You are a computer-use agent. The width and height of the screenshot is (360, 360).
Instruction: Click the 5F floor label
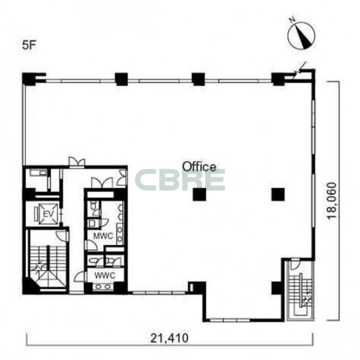(x=29, y=45)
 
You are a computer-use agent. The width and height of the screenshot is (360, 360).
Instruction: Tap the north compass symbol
(x=301, y=36)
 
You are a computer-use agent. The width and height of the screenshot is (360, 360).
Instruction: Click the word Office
(x=199, y=167)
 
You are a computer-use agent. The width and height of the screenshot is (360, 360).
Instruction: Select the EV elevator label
(x=48, y=214)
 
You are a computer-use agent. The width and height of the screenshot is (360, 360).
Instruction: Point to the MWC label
(x=103, y=236)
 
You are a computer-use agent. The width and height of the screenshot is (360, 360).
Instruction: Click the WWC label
(x=105, y=275)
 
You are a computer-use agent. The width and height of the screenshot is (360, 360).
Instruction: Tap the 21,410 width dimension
(x=169, y=338)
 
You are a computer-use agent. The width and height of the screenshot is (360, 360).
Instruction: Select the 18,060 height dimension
(x=332, y=201)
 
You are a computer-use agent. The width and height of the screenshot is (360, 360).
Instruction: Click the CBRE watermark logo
(x=180, y=180)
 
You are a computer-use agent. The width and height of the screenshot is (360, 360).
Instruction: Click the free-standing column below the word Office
(x=199, y=195)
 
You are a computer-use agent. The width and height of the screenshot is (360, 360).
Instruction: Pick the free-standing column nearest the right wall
(x=278, y=195)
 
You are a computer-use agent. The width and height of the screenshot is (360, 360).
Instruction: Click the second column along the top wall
(x=121, y=79)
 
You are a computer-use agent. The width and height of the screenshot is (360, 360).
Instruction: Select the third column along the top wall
(x=198, y=79)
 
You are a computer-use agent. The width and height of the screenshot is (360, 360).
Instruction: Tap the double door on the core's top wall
(x=77, y=161)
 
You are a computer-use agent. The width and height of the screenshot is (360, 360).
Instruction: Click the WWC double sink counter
(x=103, y=287)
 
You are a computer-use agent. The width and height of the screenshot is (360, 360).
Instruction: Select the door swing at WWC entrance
(x=79, y=277)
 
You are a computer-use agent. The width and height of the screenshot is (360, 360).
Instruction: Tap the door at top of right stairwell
(x=295, y=264)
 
